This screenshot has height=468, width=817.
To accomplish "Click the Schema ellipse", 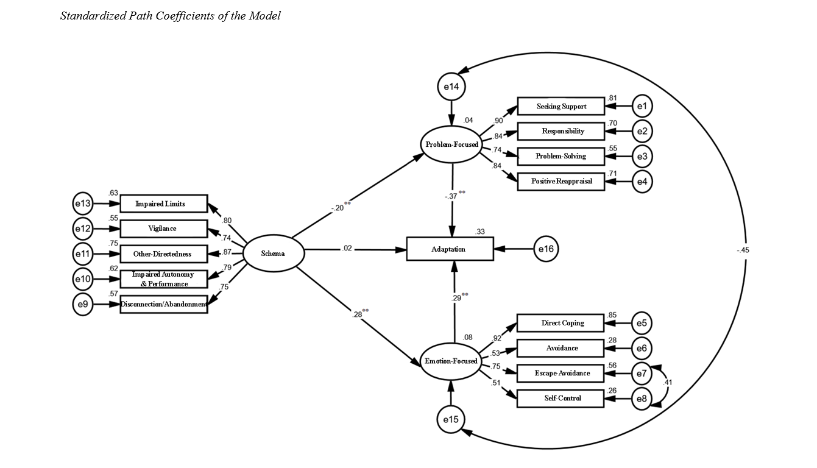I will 273,253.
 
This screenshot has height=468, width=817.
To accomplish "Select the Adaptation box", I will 449,249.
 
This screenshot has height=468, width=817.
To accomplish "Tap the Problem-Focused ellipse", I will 451,144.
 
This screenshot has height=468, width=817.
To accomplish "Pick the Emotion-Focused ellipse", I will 451,361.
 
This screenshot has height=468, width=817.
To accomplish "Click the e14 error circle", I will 451,87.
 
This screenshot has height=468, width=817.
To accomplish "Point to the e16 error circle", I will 546,249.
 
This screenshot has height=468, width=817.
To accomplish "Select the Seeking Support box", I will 561,107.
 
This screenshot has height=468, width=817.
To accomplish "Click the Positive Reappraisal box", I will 561,181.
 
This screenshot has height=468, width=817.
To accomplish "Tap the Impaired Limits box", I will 164,204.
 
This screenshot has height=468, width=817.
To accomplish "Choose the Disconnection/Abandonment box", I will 164,304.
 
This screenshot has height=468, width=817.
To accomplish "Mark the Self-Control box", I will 561,398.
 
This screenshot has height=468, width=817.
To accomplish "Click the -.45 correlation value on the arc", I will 743,250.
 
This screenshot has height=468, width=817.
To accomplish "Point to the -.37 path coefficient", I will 451,196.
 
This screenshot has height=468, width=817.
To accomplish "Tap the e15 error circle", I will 451,419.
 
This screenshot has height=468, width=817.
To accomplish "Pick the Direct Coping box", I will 561,323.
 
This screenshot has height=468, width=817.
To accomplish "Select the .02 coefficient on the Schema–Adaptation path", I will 347,248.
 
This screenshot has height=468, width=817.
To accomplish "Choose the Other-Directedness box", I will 164,253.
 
